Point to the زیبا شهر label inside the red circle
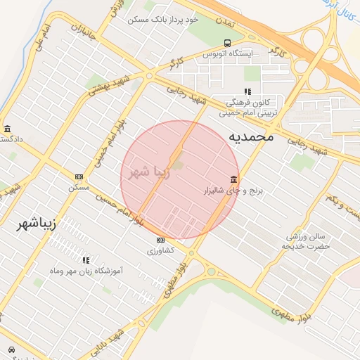150,172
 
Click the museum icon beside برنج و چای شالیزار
233,178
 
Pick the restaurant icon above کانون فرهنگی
246,91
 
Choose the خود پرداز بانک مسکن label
163,20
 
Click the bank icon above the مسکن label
79,176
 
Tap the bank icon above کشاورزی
160,240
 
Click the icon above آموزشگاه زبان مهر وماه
86,260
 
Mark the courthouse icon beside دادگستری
7,129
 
